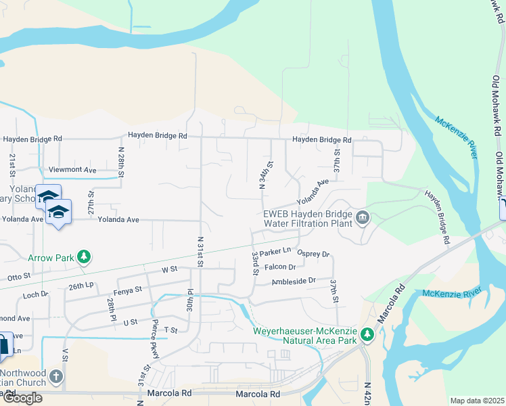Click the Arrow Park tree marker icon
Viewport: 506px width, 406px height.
tap(83, 257)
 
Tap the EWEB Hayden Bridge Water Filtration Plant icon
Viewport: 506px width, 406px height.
tap(363, 218)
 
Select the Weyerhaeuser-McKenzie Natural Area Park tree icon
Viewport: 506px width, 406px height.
tap(367, 334)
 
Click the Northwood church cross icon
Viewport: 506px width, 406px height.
tap(55, 376)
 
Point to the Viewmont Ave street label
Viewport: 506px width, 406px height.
tap(72, 169)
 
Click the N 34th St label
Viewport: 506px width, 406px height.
tap(262, 175)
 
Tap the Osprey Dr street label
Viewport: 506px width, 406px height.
tap(313, 254)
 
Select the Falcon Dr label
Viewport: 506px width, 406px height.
tap(281, 267)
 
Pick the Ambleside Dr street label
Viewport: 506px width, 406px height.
tap(294, 280)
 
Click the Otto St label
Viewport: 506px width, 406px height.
tap(19, 276)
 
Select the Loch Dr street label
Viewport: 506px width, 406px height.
tap(35, 294)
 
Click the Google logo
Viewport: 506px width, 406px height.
tap(22, 398)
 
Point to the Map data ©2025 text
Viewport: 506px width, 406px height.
tap(477, 401)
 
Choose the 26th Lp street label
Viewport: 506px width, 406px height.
tap(80, 286)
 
